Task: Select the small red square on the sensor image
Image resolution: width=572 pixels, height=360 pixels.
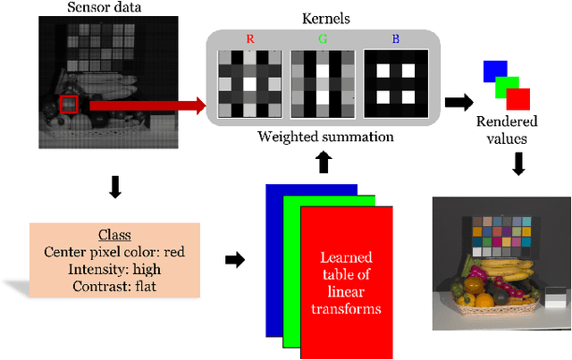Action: (69, 105)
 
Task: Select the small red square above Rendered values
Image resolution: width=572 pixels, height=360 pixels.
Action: (517, 99)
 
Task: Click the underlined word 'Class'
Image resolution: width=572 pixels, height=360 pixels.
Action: (114, 234)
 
